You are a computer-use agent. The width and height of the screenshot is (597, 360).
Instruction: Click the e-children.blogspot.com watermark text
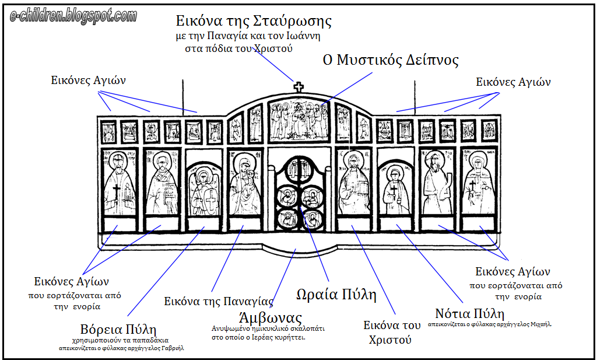[x=73, y=15]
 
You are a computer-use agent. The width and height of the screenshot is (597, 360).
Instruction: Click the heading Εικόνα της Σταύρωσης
[x=254, y=22]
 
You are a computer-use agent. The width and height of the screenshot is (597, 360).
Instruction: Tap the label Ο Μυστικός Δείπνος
[x=391, y=60]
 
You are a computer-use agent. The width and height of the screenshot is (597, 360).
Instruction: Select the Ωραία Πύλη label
[x=335, y=294]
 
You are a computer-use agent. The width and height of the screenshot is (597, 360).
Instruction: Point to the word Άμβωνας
[x=271, y=319]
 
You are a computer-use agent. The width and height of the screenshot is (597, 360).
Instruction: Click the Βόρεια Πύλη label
[x=118, y=329]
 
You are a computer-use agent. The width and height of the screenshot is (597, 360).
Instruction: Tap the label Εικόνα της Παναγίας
[x=219, y=302]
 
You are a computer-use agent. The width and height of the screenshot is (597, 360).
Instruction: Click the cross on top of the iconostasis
[x=298, y=88]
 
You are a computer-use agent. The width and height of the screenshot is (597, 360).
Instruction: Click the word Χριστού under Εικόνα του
[x=390, y=340]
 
